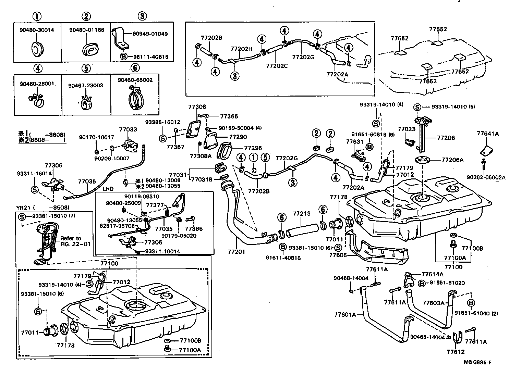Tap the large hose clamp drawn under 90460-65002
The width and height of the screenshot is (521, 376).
(136, 99)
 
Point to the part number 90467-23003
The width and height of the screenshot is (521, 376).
(85, 85)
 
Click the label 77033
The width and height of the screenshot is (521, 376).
(128, 129)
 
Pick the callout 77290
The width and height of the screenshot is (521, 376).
(238, 137)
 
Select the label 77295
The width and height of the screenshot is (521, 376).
(253, 148)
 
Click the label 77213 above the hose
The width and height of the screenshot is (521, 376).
(301, 214)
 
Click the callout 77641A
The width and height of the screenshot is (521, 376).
(487, 134)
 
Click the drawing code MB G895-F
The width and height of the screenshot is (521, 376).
(480, 362)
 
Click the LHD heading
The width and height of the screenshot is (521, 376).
(108, 189)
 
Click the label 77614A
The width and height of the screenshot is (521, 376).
(432, 274)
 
